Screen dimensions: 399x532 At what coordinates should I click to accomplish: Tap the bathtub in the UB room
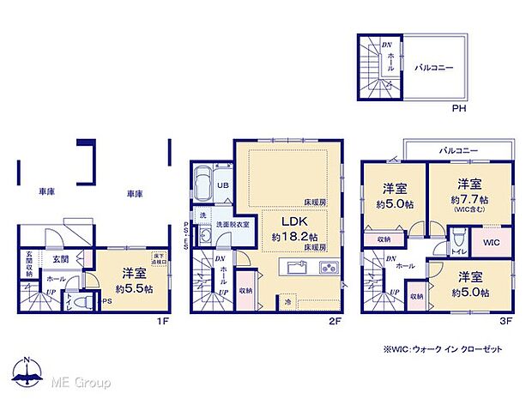click(203, 184)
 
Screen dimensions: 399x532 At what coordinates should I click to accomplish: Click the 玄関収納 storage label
click(29, 259)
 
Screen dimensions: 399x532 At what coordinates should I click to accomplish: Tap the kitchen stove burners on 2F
click(329, 267)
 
